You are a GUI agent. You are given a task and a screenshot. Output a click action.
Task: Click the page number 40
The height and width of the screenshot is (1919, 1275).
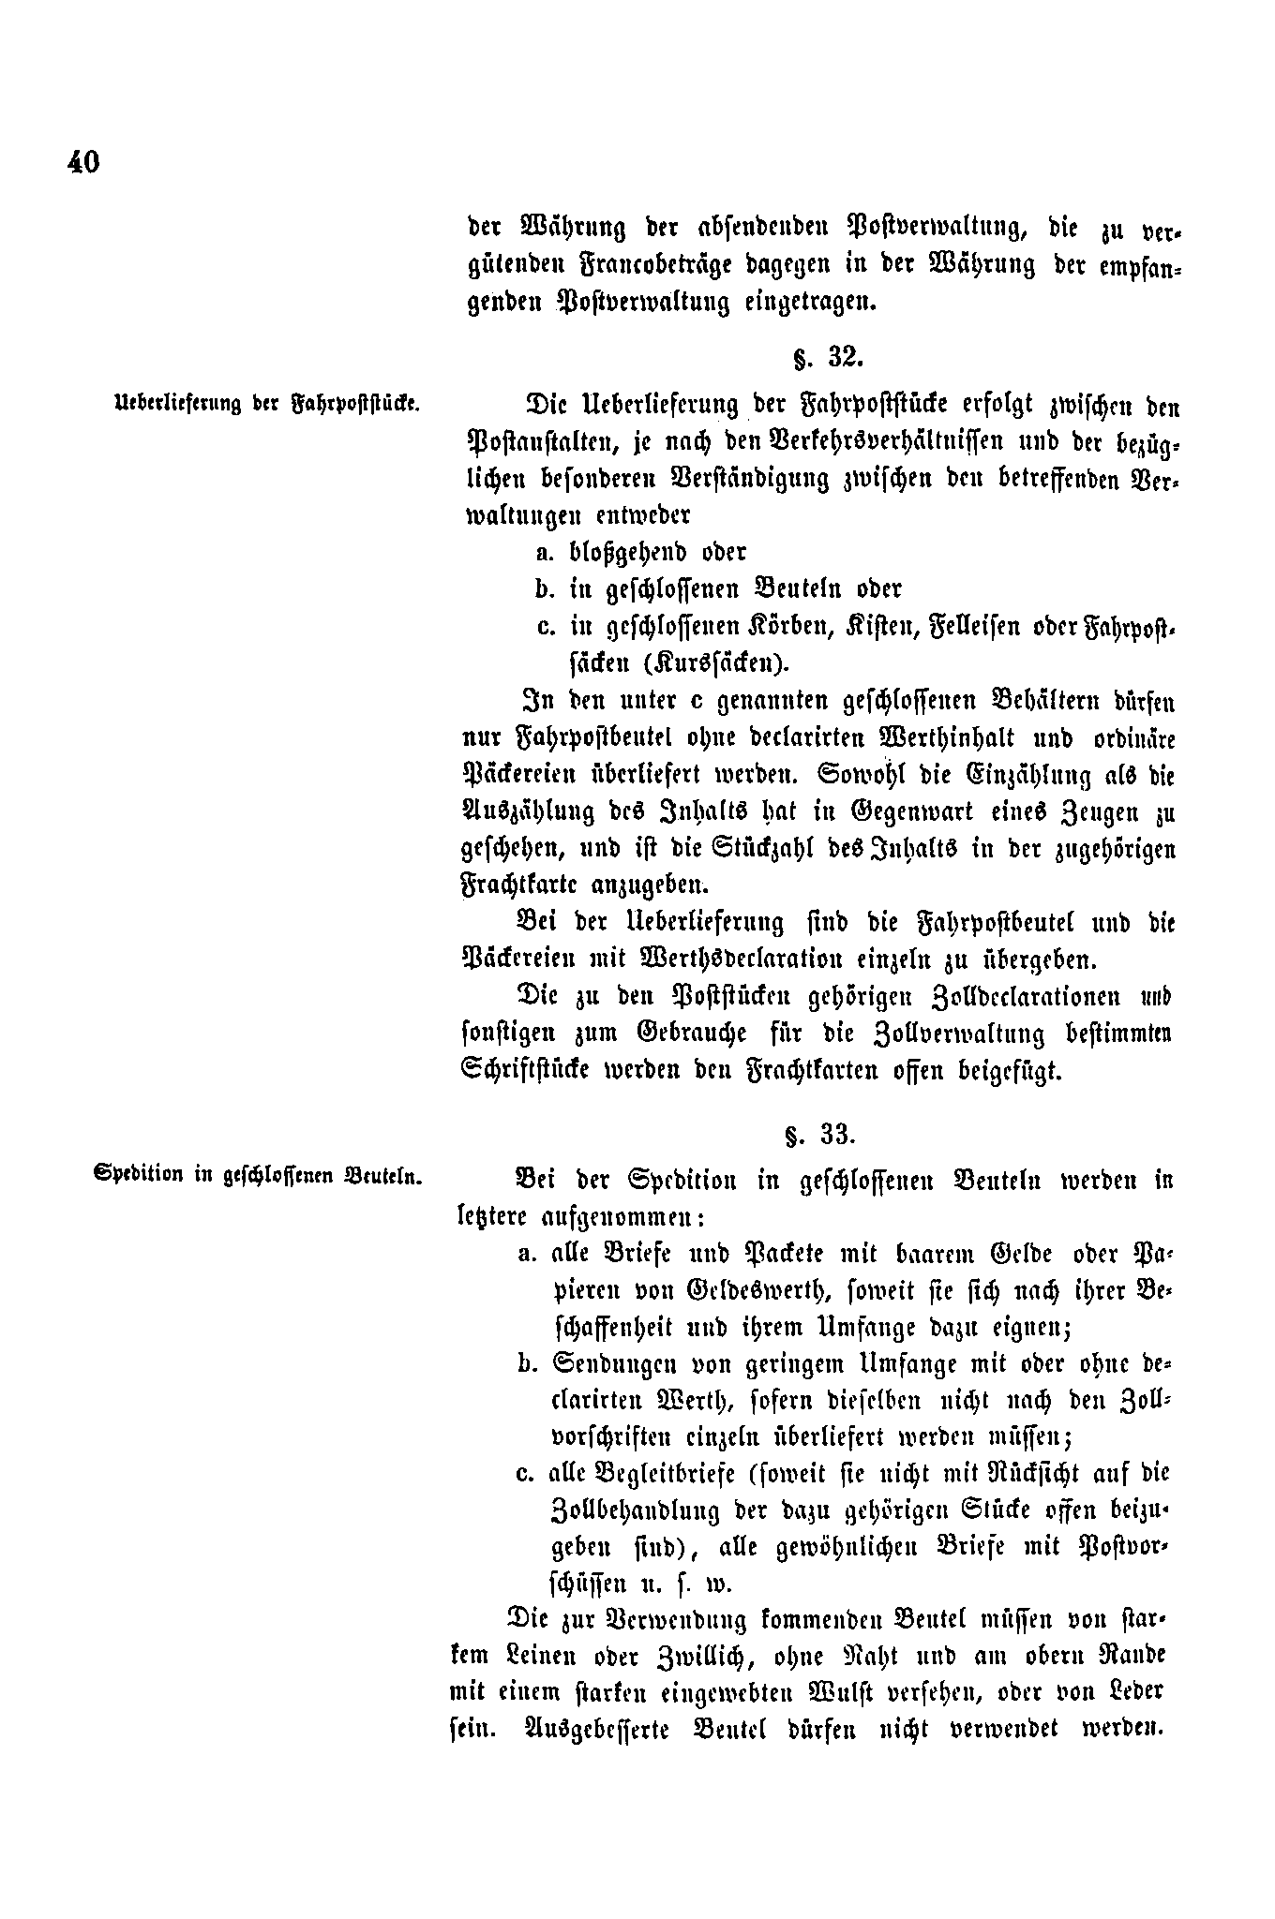(82, 162)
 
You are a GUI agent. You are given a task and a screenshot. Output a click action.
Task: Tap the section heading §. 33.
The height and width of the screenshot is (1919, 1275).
(820, 1135)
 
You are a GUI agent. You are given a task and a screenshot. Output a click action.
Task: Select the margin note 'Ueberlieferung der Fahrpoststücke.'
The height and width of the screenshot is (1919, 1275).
(265, 406)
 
